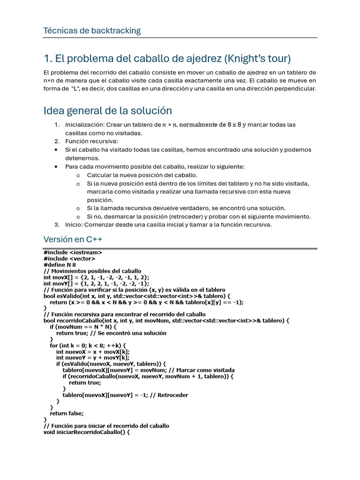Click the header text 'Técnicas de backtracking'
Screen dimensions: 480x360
coord(92,31)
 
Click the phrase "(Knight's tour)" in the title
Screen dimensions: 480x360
coord(257,59)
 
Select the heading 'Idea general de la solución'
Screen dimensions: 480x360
coord(107,111)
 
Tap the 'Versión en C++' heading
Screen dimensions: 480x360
coord(73,239)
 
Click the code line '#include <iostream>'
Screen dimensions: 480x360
coord(73,252)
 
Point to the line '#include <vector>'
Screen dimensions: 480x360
coord(69,258)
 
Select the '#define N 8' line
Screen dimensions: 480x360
coord(60,264)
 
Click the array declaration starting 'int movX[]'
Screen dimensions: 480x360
coord(96,277)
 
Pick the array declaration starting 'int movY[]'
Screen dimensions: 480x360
coord(96,283)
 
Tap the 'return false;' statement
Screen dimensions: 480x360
coord(67,413)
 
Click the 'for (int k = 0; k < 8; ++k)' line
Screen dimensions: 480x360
coord(88,345)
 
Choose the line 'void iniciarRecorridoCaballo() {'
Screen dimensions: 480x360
coord(86,432)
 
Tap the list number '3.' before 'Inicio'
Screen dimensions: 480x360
coord(57,225)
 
